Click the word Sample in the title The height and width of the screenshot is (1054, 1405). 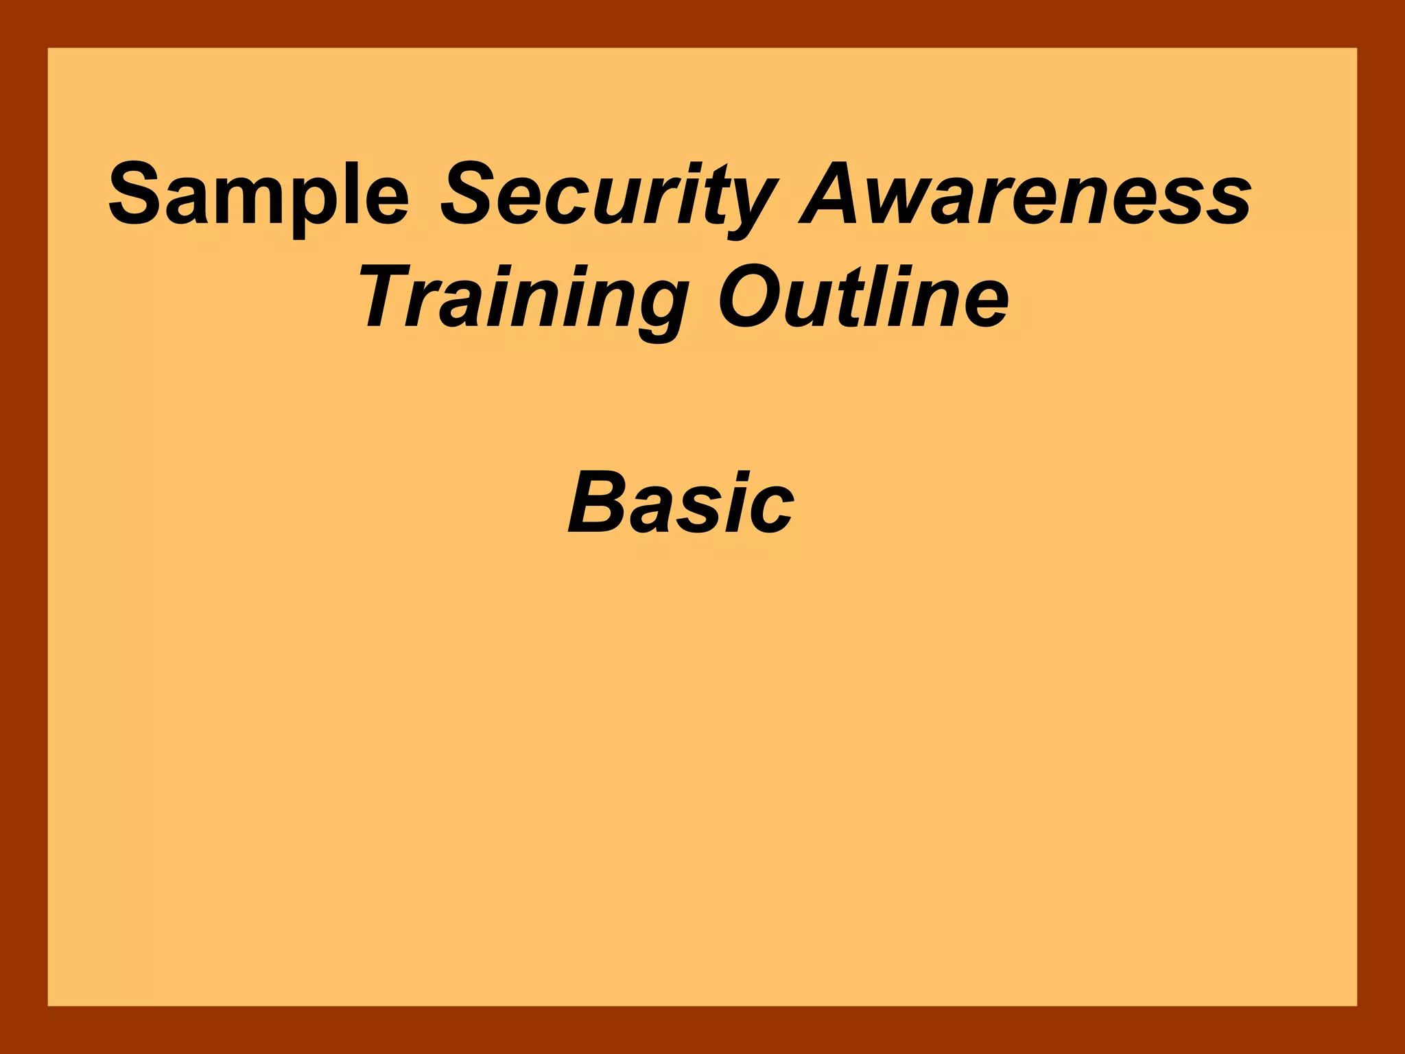(x=259, y=196)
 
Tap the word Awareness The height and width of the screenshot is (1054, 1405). (x=1026, y=196)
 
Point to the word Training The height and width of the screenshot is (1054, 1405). (x=523, y=299)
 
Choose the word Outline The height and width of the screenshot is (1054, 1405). (x=863, y=299)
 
